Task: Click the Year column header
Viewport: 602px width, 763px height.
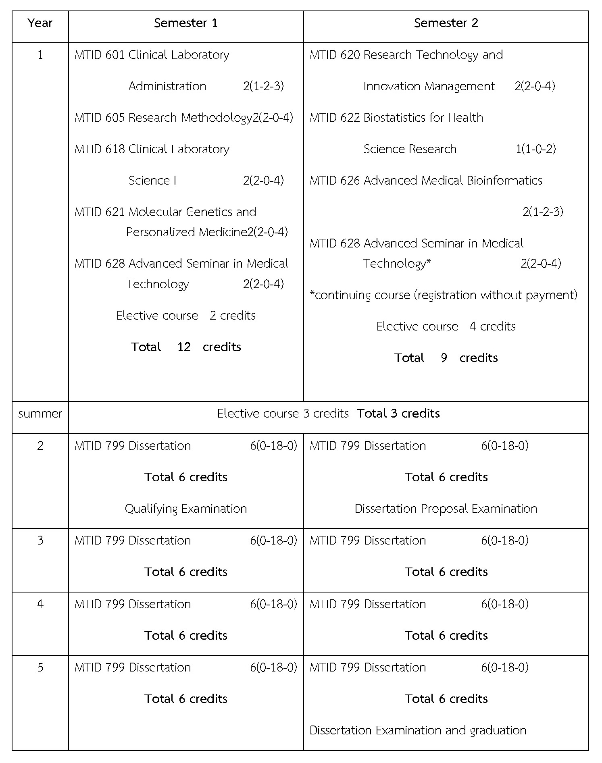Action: point(40,23)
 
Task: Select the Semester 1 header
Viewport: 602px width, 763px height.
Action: point(185,23)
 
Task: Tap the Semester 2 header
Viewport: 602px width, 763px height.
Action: point(446,23)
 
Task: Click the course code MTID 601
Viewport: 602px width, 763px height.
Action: point(100,55)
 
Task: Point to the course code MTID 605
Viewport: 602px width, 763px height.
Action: point(100,118)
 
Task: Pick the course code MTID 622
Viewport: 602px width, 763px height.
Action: point(335,118)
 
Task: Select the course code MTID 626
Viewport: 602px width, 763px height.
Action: point(335,181)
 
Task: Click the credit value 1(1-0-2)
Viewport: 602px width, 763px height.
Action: point(535,149)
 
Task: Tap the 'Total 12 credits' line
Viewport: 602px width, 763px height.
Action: point(185,347)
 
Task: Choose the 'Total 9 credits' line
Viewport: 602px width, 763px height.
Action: point(446,358)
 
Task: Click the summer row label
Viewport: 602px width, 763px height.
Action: point(40,414)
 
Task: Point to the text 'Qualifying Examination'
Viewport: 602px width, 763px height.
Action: point(185,509)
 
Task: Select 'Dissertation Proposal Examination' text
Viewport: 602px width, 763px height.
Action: point(446,509)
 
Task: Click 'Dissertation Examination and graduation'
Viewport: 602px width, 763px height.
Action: point(418,730)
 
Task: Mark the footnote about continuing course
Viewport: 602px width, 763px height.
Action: point(443,295)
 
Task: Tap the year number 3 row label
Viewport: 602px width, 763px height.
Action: point(40,541)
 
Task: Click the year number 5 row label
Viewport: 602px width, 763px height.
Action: point(40,667)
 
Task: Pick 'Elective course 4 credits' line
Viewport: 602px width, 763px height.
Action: point(446,326)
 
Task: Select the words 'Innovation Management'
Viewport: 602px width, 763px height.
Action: point(429,86)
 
